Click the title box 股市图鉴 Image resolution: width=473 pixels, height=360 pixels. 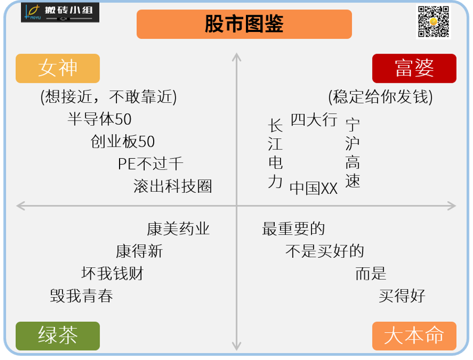click(244, 24)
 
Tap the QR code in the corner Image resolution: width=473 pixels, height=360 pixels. click(433, 22)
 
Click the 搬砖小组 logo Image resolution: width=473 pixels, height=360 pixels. click(60, 13)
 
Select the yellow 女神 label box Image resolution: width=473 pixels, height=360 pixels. click(58, 68)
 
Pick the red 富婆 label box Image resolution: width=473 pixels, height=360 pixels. click(414, 68)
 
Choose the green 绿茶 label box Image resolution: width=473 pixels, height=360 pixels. click(58, 335)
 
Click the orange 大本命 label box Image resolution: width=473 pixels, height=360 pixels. click(414, 335)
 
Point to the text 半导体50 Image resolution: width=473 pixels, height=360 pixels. click(100, 119)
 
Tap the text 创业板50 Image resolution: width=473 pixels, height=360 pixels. click(123, 142)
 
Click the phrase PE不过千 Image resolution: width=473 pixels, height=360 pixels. click(150, 164)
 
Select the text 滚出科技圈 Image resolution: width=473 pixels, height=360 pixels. click(173, 187)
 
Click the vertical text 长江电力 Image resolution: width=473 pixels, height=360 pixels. click(275, 153)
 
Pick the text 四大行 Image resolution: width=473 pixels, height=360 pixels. click(314, 120)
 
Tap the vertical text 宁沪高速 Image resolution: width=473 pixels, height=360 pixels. click(353, 153)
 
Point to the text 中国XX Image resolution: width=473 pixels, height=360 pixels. click(314, 188)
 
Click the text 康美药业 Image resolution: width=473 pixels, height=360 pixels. click(178, 229)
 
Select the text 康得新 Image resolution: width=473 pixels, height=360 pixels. click(139, 252)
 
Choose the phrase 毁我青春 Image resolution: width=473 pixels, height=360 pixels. click(82, 296)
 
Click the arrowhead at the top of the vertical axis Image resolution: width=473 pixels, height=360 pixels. click(236, 57)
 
